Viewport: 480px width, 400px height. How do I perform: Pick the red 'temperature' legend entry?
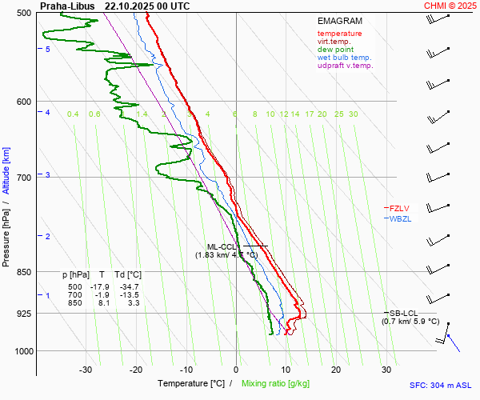339,34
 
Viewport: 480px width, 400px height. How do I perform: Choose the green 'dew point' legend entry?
335,50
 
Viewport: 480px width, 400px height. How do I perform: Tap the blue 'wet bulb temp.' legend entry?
344,58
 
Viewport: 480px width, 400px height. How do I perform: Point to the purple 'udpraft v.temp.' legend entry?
345,66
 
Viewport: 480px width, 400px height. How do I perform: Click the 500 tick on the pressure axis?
24,13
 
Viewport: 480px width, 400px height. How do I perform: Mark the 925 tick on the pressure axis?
24,314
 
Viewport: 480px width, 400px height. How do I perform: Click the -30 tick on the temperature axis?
86,370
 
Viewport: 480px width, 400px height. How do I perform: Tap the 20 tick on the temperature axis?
336,370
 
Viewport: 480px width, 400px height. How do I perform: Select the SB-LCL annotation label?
403,313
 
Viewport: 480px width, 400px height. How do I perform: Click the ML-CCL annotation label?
222,246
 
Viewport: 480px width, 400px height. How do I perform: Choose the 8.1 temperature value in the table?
103,303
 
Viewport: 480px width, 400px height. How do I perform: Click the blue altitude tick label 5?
48,50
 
